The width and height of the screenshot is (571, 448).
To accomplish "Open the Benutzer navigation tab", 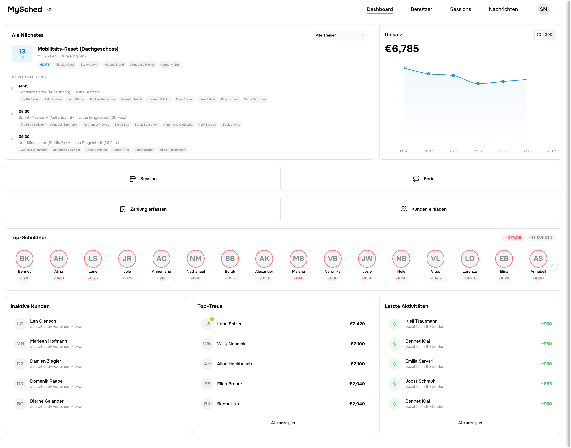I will pyautogui.click(x=421, y=9).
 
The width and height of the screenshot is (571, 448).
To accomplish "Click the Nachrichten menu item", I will pyautogui.click(x=503, y=9).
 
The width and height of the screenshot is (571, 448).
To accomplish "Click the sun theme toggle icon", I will pyautogui.click(x=50, y=9).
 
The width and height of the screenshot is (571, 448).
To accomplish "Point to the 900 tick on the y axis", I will pyautogui.click(x=395, y=82).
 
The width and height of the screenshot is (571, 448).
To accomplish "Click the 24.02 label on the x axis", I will pyautogui.click(x=528, y=151).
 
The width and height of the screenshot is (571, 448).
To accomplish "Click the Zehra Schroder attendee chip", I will pyautogui.click(x=255, y=99).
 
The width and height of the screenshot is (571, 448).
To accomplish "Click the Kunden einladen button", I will pyautogui.click(x=423, y=209).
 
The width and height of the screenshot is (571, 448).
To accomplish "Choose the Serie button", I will pyautogui.click(x=423, y=179).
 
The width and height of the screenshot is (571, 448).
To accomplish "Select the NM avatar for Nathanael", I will pyautogui.click(x=195, y=259).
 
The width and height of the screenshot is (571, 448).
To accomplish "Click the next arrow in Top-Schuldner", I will pyautogui.click(x=552, y=265).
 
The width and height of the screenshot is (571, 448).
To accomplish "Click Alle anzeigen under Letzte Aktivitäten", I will pyautogui.click(x=470, y=423).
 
